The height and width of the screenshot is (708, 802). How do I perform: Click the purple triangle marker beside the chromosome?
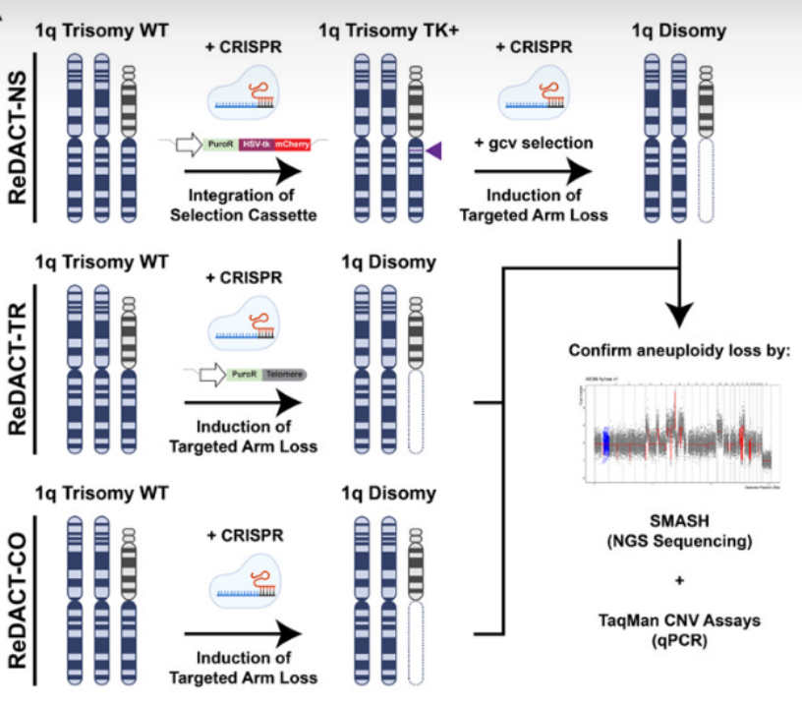(x=433, y=150)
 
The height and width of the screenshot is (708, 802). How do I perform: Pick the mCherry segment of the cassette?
(x=293, y=146)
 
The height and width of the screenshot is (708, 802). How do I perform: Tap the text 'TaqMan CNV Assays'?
(x=679, y=620)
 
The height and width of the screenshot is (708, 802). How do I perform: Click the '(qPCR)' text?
(x=679, y=640)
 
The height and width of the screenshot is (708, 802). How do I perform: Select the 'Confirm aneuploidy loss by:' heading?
(x=679, y=352)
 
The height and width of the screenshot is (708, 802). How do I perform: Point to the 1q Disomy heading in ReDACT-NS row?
(x=679, y=30)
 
